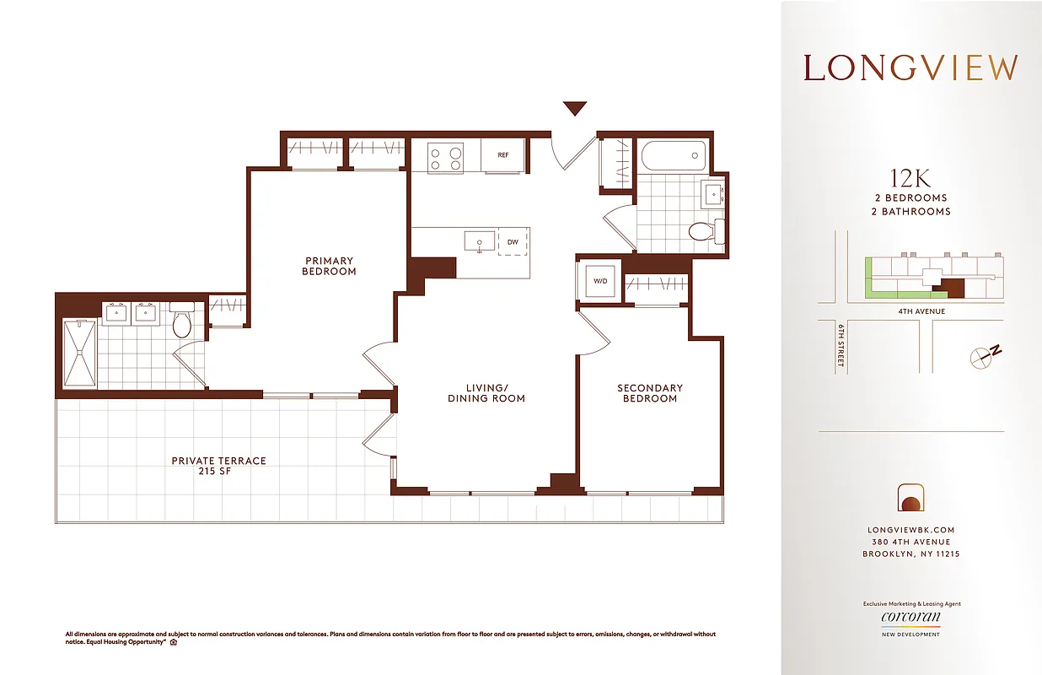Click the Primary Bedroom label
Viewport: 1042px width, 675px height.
pos(330,266)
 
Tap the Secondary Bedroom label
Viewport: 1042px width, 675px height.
pos(650,393)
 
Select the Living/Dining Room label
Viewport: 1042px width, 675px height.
pos(486,393)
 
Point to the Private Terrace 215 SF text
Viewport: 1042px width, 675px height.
pos(218,466)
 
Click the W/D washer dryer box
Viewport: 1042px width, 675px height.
pos(600,281)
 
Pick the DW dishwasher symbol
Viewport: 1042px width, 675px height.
pos(513,242)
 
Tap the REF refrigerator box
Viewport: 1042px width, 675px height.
pos(503,155)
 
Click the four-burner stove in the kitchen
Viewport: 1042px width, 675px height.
pos(445,158)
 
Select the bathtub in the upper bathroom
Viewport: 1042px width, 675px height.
pos(673,155)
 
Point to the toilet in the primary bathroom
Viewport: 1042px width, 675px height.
pos(182,321)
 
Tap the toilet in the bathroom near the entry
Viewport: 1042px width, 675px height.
pos(703,229)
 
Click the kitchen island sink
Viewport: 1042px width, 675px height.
pos(479,241)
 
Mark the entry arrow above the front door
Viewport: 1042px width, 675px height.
pos(575,108)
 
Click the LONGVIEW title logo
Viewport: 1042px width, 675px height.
pos(910,67)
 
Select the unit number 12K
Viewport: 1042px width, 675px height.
pos(910,179)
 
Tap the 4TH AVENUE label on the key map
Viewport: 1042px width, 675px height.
pos(922,311)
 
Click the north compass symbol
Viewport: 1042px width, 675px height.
pos(985,355)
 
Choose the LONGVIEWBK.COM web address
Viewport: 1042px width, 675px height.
pos(910,530)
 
